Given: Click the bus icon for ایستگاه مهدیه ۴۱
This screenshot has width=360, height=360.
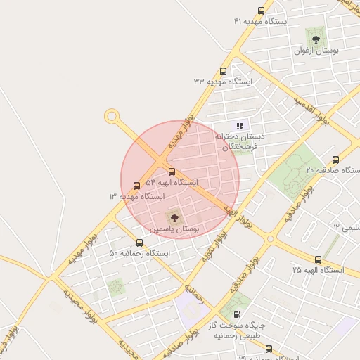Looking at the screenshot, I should coord(262,11).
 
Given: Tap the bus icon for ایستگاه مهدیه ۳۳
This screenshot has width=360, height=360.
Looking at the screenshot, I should coord(224,70).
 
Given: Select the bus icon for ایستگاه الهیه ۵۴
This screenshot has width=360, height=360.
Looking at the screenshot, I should coord(172,172).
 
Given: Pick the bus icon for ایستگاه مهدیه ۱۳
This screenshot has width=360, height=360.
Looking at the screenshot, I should coord(136,186).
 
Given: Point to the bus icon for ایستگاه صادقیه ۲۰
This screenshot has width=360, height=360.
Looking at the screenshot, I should coord(335,160).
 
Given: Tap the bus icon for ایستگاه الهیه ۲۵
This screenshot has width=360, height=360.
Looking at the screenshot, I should coord(318,259).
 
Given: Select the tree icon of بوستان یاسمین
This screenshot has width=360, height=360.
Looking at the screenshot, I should coord(174,218).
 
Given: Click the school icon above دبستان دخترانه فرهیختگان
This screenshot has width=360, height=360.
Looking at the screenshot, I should coord(239,126).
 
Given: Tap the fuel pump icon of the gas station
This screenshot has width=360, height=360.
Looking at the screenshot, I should coord(236,314).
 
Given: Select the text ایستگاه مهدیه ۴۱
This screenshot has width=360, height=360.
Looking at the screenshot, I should coord(262,22).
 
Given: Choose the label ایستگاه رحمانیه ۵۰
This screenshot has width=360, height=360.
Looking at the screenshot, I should coord(139,253).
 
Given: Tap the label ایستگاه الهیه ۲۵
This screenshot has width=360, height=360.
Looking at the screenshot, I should coord(318,270).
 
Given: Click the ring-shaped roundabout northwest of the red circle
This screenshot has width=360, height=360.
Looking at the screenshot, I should coord(111,116).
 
